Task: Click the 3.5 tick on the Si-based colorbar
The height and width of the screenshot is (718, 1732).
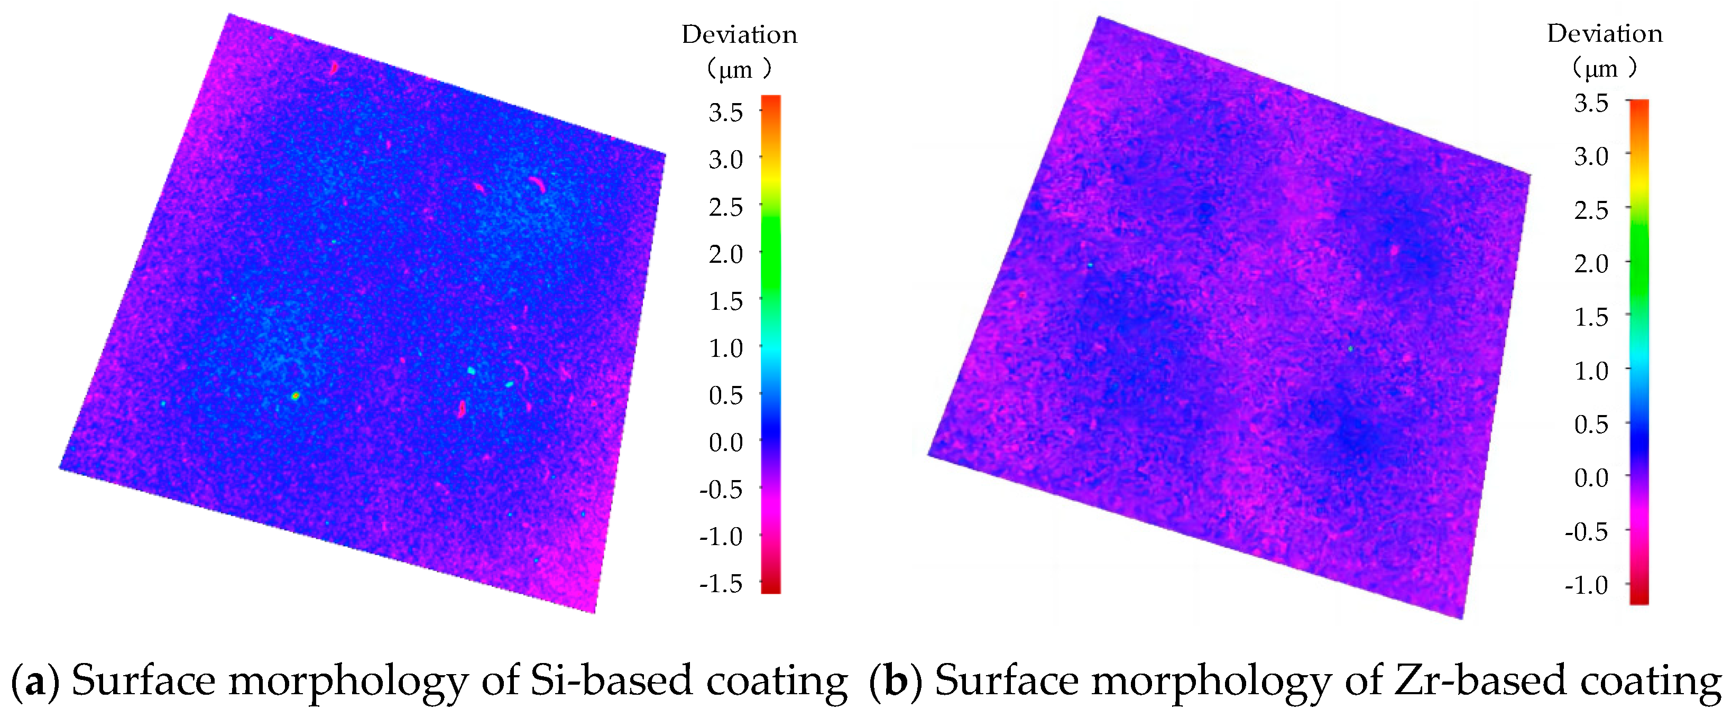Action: (725, 112)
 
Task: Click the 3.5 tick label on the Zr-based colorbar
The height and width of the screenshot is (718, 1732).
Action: (1591, 103)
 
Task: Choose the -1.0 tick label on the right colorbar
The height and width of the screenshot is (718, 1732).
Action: (1586, 585)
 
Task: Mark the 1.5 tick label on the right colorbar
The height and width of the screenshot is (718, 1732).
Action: (1591, 317)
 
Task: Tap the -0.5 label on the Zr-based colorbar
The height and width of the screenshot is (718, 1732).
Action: (1586, 532)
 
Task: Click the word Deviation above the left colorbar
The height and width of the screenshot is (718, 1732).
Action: (739, 34)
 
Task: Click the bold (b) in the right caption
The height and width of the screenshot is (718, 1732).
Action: (894, 680)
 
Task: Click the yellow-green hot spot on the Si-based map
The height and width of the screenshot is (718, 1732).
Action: (295, 396)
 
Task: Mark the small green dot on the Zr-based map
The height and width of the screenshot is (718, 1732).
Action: (1350, 349)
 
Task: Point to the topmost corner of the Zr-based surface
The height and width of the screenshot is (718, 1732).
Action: (1099, 18)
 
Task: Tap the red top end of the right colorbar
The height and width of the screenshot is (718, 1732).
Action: (1638, 105)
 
